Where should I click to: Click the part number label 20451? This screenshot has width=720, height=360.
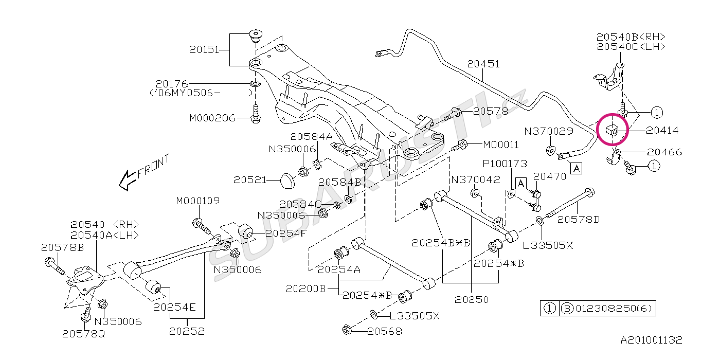[x=483, y=64]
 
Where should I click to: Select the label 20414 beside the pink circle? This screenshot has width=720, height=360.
[x=662, y=131]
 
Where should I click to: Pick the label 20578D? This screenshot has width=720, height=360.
[x=579, y=220]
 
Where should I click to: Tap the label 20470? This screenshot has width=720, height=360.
[x=550, y=176]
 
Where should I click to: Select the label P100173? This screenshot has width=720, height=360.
[x=505, y=164]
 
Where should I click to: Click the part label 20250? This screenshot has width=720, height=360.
[x=472, y=299]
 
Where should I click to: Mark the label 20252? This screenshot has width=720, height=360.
[x=186, y=331]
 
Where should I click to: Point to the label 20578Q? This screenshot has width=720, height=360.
[x=83, y=334]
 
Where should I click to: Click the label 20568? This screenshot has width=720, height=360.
[x=385, y=332]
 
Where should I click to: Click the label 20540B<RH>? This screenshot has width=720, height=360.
[x=631, y=37]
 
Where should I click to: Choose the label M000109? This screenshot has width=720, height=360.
[x=198, y=201]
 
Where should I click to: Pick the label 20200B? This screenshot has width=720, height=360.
[x=306, y=289]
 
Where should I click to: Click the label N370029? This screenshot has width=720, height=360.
[x=549, y=132]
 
